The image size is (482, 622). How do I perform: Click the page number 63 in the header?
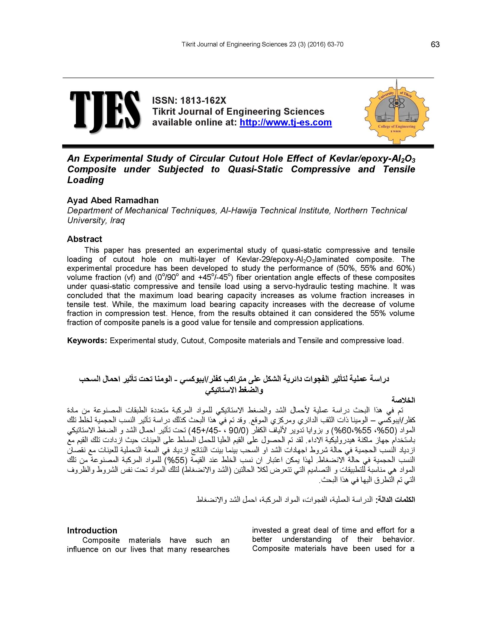pos(435,44)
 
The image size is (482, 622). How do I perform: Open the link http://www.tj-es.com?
pos(286,122)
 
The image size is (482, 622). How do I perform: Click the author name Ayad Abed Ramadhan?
pos(113,201)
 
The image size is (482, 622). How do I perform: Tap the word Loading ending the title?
pos(85,180)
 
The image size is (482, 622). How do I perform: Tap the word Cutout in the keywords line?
pos(193,341)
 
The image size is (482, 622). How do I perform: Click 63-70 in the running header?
pos(335,44)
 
